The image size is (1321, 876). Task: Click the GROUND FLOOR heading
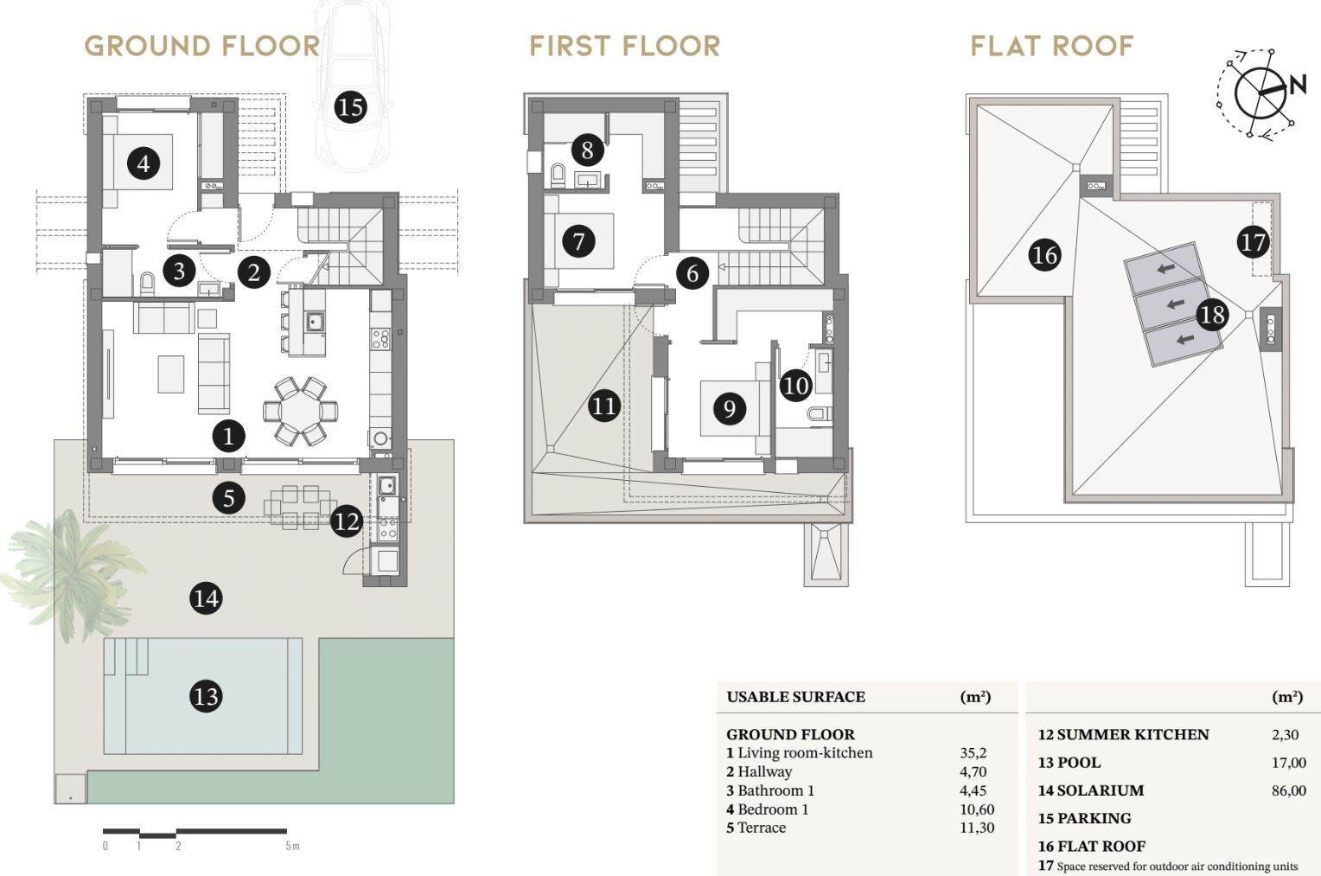(201, 46)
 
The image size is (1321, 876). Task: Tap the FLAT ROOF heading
(1052, 46)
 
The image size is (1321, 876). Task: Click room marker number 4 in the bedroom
(144, 163)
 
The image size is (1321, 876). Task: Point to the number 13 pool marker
(206, 696)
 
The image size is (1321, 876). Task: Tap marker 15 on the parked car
(350, 107)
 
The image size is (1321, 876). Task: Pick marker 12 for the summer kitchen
(346, 521)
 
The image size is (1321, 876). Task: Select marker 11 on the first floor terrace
(604, 406)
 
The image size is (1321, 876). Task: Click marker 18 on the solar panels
(1212, 315)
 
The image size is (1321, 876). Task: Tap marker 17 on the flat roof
(1253, 242)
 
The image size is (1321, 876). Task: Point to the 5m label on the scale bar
(292, 846)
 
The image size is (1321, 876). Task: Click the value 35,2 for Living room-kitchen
(973, 752)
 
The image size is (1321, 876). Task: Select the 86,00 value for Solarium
(1288, 790)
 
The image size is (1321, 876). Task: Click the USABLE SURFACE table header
(795, 697)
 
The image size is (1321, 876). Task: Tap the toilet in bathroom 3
(147, 285)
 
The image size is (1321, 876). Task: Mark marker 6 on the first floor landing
(692, 273)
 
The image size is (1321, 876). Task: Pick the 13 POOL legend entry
(1069, 763)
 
